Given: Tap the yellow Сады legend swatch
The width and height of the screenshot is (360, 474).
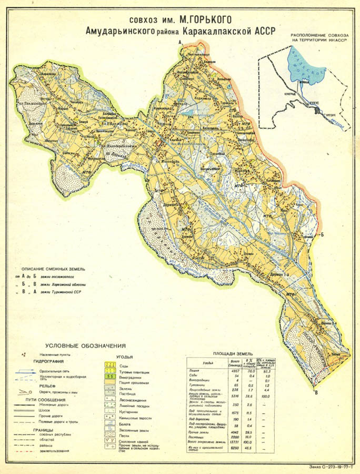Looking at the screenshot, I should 111,364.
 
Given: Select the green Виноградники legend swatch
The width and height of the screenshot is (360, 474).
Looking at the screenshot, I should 111,377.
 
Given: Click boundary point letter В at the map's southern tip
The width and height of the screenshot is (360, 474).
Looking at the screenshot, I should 316,391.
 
